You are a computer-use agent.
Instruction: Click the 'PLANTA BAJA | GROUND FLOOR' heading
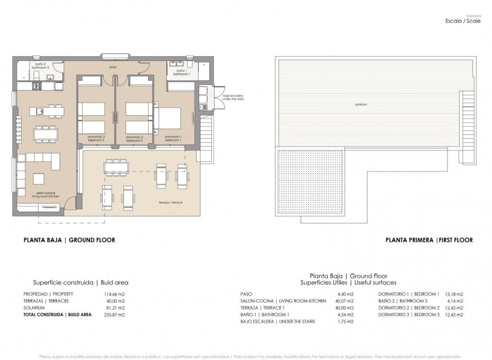pos(69,240)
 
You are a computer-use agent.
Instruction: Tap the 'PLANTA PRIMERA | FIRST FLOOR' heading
pos(429,240)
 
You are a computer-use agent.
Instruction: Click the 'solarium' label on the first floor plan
pos(362,104)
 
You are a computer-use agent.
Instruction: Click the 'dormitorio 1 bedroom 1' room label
pos(173,138)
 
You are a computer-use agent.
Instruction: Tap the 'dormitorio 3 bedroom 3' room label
pos(97,138)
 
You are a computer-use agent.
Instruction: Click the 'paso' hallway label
pos(113,68)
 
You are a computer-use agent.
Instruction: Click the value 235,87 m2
pos(115,314)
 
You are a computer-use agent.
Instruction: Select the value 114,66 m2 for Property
pos(115,294)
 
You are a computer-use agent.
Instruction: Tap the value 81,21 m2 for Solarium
pos(116,308)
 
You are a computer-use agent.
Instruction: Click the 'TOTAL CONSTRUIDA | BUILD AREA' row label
pos(57,314)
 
